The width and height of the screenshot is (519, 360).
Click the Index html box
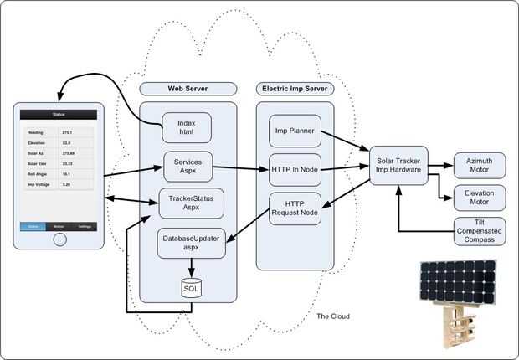(x=187, y=128)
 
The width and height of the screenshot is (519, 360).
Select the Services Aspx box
(x=188, y=163)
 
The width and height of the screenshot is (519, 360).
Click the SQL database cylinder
(x=192, y=288)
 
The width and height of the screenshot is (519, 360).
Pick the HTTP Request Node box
(x=294, y=208)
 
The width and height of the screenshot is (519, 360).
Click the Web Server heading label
(x=188, y=89)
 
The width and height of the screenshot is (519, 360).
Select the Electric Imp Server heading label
(x=294, y=89)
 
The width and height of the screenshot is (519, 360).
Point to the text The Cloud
(x=333, y=316)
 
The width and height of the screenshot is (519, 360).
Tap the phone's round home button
(x=59, y=239)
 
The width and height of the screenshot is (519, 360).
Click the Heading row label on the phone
(x=36, y=132)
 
